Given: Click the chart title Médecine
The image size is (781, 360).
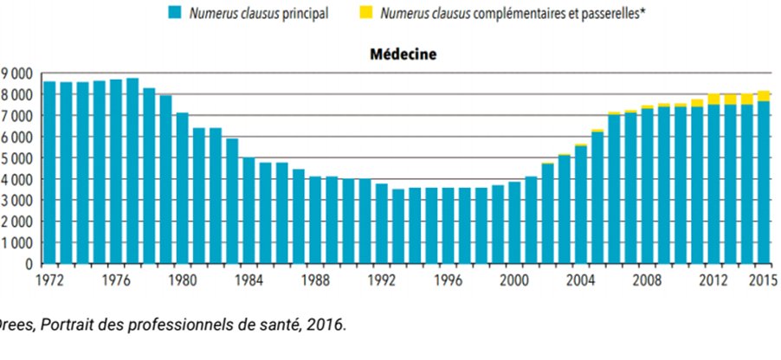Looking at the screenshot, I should pyautogui.click(x=403, y=55).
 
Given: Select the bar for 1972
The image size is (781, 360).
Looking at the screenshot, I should pyautogui.click(x=49, y=173).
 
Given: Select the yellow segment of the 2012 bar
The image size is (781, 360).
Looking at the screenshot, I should pyautogui.click(x=713, y=99).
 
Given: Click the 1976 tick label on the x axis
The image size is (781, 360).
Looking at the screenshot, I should pyautogui.click(x=115, y=280).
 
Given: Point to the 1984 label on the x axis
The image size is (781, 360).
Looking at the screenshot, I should pyautogui.click(x=248, y=280).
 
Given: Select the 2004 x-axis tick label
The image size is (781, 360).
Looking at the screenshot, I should pyautogui.click(x=579, y=280).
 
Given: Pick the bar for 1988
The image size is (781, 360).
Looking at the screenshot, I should pyautogui.click(x=314, y=220).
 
